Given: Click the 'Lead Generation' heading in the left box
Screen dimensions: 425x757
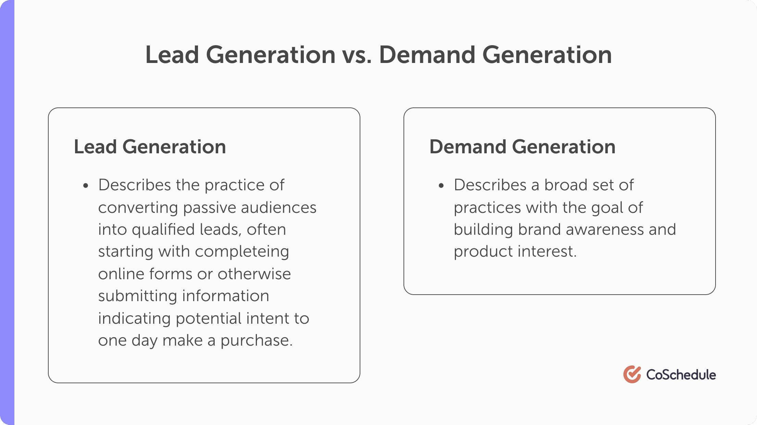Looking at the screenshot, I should (150, 147).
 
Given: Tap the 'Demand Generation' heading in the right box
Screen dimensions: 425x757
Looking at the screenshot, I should (522, 147).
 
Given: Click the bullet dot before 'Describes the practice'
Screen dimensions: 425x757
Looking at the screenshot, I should (86, 186).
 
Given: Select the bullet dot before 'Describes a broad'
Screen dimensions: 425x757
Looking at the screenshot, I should (441, 186).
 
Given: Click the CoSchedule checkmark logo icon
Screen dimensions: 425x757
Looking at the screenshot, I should (632, 374).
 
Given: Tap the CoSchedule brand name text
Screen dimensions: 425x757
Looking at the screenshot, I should (681, 375).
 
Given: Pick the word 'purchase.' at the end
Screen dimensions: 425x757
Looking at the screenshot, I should (256, 340).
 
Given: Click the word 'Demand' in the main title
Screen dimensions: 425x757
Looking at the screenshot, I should (427, 55).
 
